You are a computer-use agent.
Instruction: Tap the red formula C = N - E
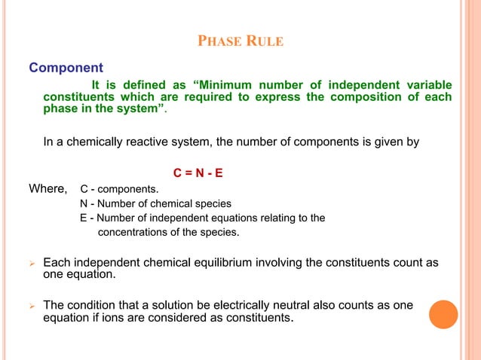click(x=198, y=173)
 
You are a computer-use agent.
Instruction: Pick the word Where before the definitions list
click(x=48, y=188)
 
